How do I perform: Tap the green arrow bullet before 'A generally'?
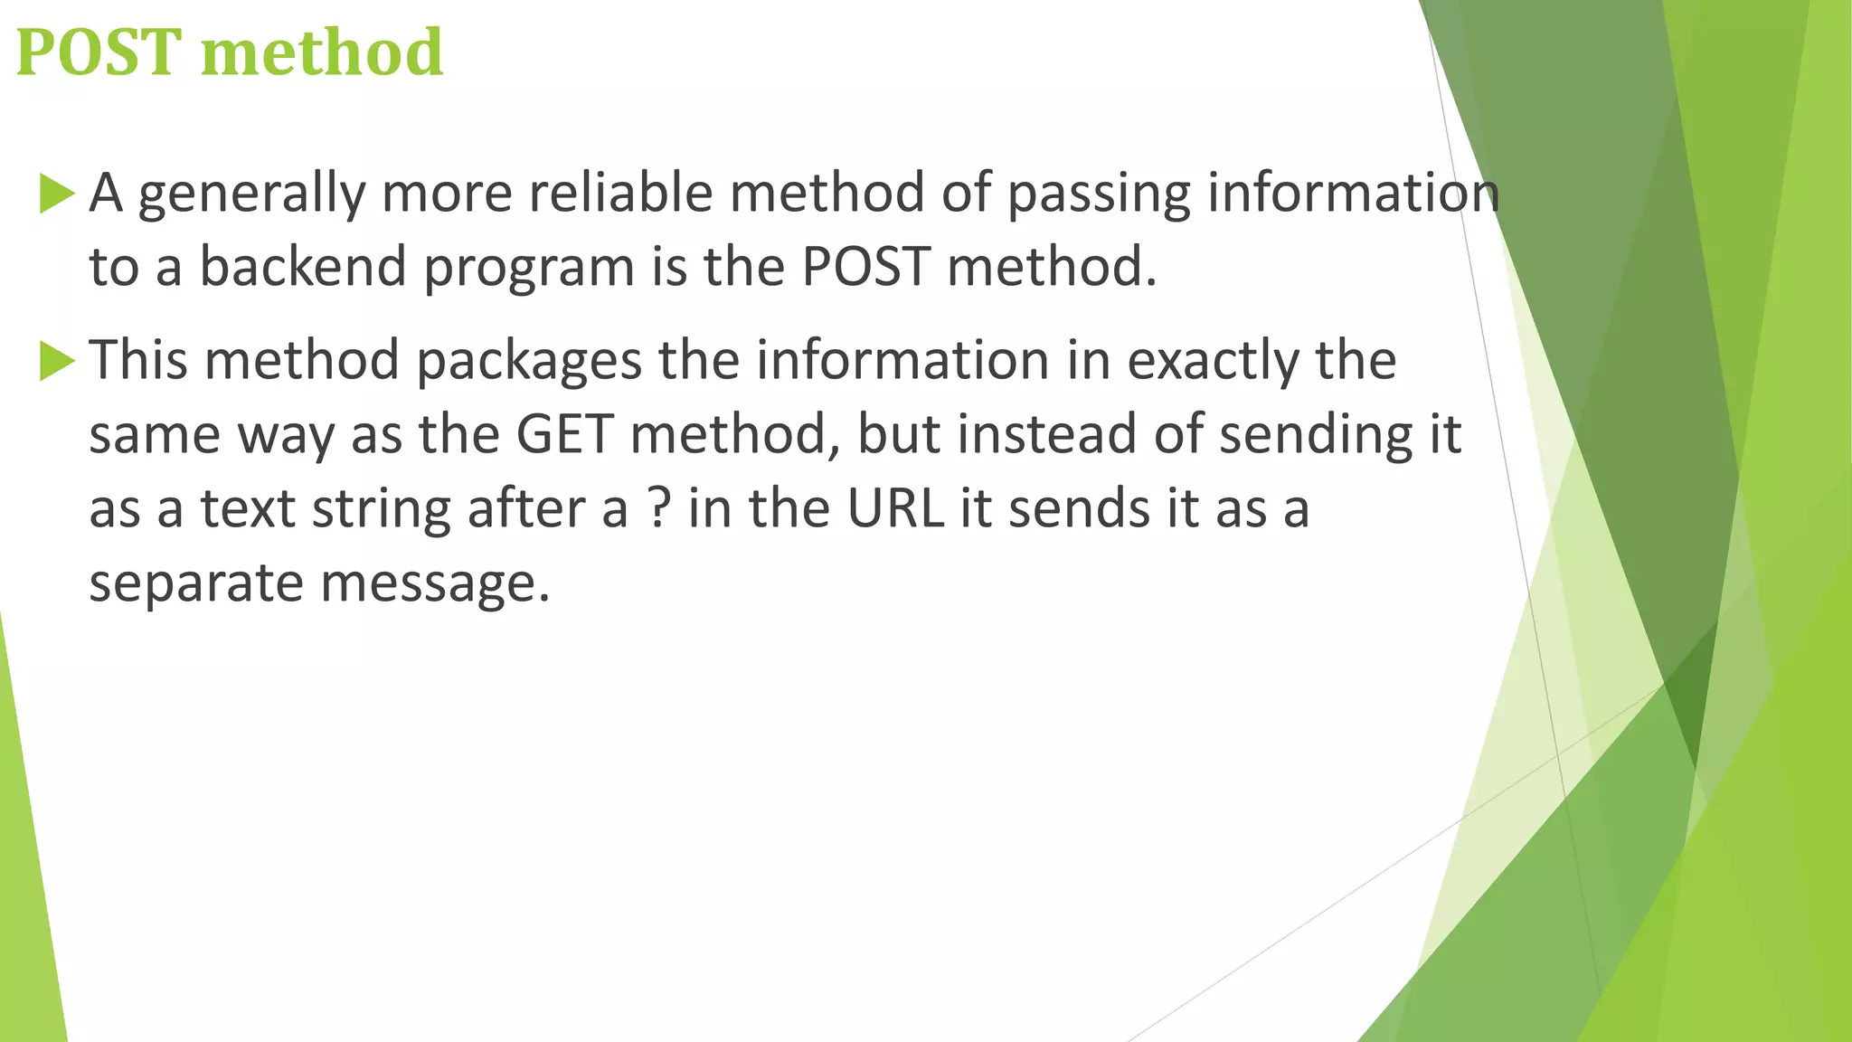point(56,194)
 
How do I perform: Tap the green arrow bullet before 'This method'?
point(56,362)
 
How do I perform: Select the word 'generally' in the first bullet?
point(250,194)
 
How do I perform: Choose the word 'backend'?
point(302,268)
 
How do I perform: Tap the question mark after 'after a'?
point(659,509)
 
